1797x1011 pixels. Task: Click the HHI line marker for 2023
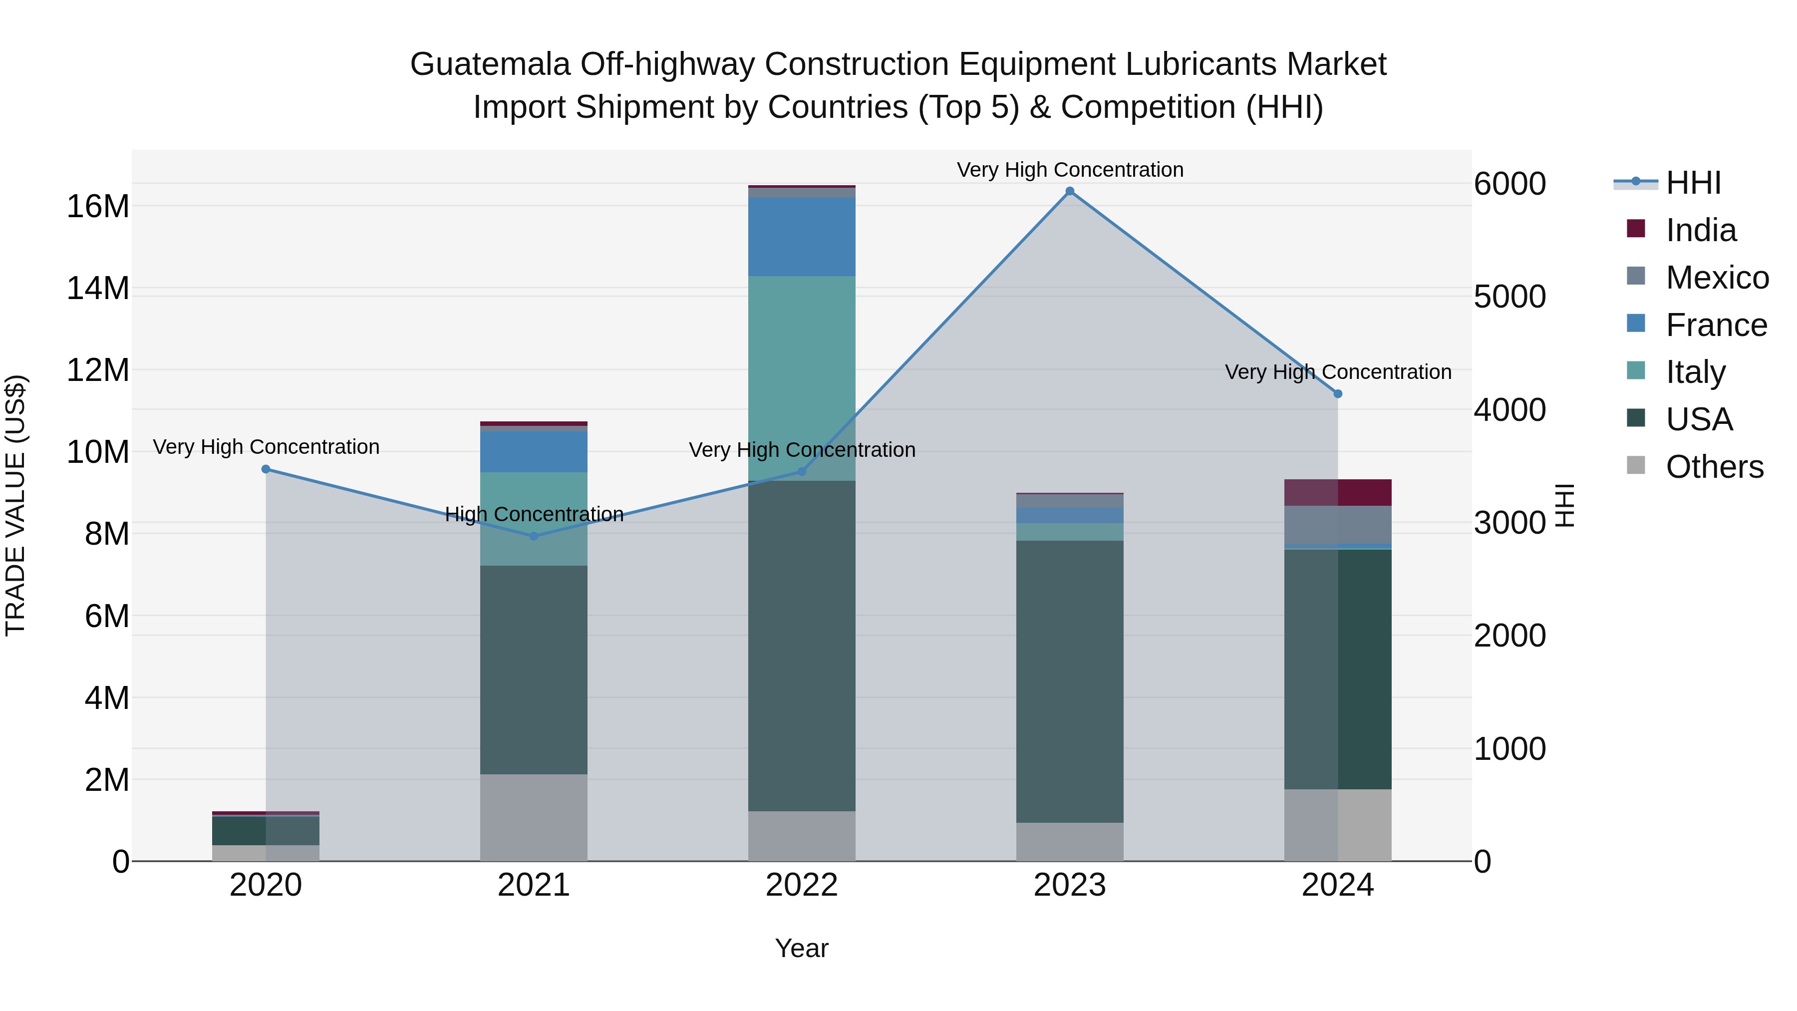(x=1069, y=191)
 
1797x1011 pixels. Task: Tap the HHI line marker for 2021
(x=534, y=536)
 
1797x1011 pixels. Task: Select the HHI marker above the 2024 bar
(x=1337, y=393)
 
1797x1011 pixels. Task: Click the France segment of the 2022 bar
(x=802, y=237)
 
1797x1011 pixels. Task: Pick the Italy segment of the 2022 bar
(x=802, y=377)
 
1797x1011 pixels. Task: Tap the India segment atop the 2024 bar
(x=1337, y=492)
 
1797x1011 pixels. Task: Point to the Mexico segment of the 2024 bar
(x=1337, y=524)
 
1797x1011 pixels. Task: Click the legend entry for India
(x=1700, y=230)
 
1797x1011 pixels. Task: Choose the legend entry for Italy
(x=1695, y=372)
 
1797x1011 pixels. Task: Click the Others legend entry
(x=1714, y=467)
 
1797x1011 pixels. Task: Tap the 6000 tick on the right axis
(x=1509, y=184)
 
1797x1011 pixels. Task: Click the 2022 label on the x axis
(x=802, y=885)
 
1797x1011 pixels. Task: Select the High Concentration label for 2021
(x=534, y=514)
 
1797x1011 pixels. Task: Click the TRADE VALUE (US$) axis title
(x=15, y=505)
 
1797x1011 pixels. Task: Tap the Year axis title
(x=802, y=948)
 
